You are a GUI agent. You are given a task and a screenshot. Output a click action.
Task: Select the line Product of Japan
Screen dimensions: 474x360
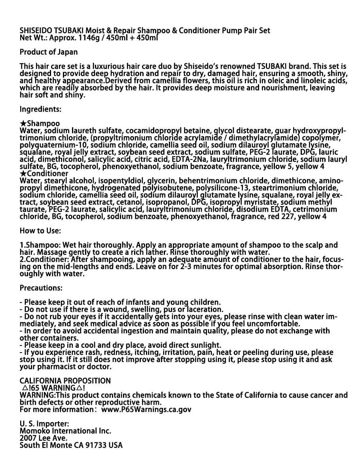tap(49, 52)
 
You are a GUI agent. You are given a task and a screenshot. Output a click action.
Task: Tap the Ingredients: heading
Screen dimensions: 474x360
tap(40, 109)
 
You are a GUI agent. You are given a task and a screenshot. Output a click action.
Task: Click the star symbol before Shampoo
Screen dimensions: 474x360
tap(23, 124)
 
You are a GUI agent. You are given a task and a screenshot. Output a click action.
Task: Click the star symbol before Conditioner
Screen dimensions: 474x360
tap(23, 173)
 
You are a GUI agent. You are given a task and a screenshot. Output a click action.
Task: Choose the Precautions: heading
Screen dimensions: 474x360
tap(41, 288)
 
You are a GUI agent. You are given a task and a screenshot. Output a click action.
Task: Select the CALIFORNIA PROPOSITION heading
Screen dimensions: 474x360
tap(65, 381)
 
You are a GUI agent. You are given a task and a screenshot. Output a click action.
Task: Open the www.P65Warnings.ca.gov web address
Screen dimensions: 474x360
tap(146, 410)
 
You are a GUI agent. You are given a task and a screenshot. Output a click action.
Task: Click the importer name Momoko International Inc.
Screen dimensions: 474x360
tap(65, 431)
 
